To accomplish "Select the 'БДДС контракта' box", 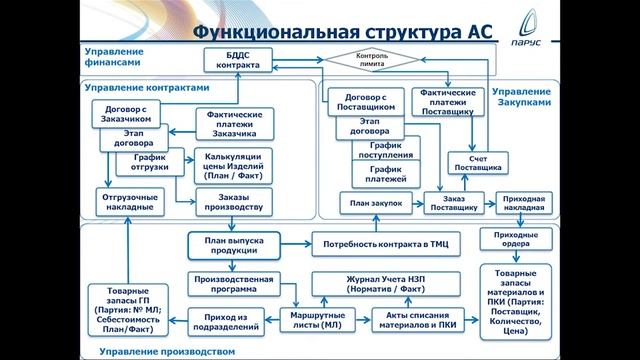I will (237, 61).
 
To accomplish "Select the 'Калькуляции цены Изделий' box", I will (232, 165).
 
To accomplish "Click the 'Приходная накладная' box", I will (523, 203).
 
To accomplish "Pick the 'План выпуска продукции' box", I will (232, 244).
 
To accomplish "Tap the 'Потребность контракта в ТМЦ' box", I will (384, 244).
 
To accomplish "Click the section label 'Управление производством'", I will (167, 351).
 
